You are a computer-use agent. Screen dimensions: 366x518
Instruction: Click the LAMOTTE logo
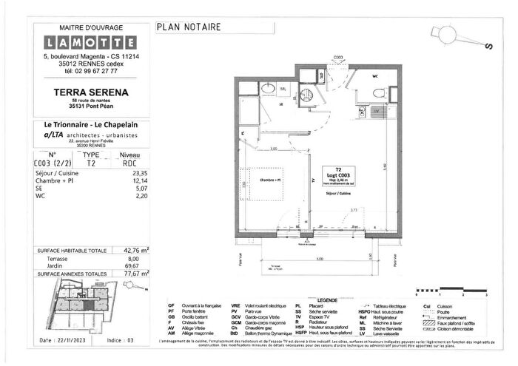point(88,41)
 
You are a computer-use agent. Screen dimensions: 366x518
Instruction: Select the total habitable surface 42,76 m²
point(135,250)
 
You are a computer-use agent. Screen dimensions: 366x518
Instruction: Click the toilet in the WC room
point(378,92)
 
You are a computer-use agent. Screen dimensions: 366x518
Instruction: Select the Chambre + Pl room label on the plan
point(269,179)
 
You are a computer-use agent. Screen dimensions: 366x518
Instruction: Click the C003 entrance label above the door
point(337,57)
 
